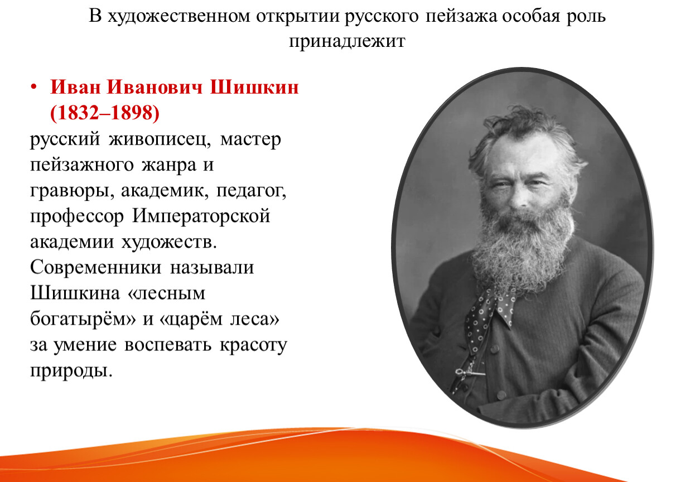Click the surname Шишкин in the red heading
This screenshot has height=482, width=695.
click(254, 87)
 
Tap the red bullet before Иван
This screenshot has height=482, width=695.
click(33, 87)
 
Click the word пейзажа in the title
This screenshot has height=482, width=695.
click(461, 16)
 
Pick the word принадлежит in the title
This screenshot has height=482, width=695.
click(347, 42)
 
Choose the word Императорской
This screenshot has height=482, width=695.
click(201, 216)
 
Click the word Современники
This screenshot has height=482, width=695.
click(95, 267)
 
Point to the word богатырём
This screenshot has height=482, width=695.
click(83, 319)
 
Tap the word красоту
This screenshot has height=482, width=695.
click(253, 345)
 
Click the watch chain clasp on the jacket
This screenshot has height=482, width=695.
click(463, 372)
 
